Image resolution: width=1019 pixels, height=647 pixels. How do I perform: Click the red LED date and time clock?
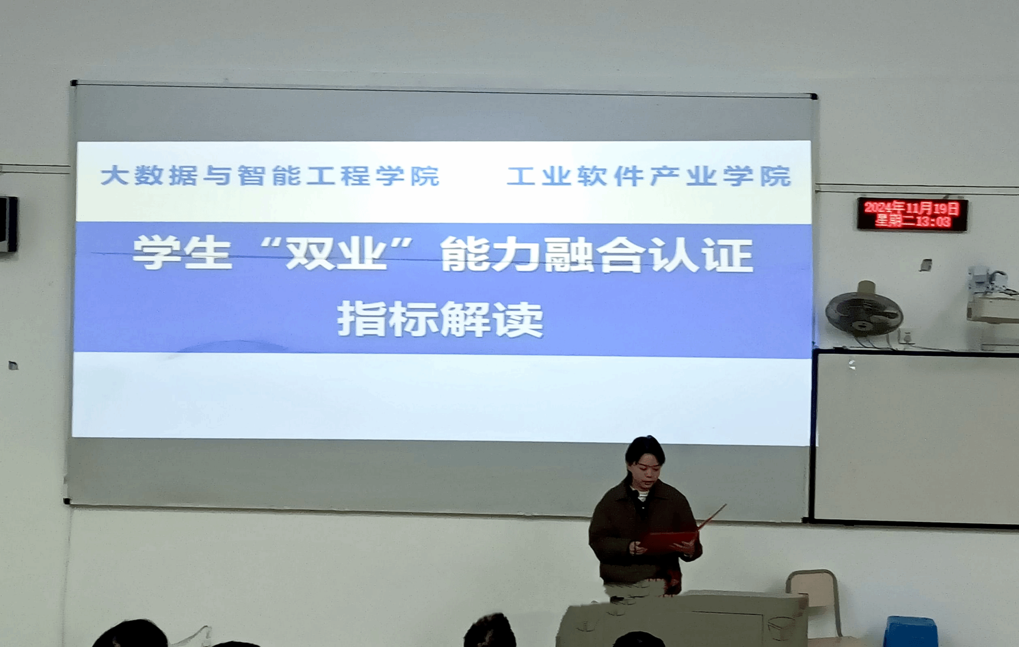(x=912, y=214)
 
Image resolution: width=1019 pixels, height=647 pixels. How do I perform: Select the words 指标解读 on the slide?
(x=440, y=320)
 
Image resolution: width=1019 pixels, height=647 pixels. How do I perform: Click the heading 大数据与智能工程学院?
(x=270, y=176)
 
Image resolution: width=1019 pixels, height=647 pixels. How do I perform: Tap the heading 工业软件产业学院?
(x=649, y=176)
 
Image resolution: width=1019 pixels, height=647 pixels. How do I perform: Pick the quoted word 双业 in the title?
(x=337, y=253)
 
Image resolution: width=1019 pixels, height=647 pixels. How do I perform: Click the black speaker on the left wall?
(x=8, y=224)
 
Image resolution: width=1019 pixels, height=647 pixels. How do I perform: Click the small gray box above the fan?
(x=925, y=265)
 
